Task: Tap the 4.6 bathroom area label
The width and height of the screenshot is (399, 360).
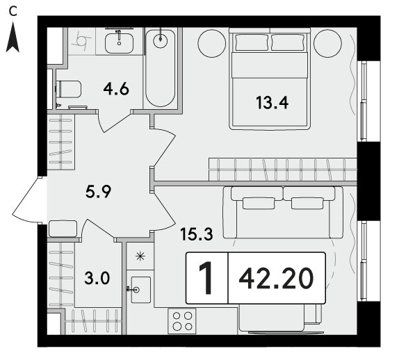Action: [116, 89]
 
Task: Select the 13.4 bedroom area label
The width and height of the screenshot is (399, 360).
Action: [272, 103]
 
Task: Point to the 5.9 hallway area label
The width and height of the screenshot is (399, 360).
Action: [98, 192]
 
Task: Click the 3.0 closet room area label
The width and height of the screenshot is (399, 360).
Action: [97, 278]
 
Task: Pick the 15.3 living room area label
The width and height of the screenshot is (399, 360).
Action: [196, 234]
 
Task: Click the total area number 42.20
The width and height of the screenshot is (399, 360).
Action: [276, 279]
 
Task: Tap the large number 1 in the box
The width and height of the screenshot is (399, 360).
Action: [206, 278]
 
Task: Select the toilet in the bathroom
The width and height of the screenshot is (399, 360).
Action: [68, 89]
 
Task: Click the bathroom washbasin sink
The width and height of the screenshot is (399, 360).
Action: [119, 43]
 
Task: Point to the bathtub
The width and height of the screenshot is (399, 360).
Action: [161, 68]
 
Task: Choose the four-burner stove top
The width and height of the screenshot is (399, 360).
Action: [182, 321]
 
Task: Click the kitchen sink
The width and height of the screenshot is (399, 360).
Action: [140, 290]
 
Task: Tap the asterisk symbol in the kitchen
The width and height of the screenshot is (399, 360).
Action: [140, 256]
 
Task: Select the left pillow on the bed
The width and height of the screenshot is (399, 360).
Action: [252, 42]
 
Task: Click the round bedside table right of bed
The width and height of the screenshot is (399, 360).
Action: [327, 43]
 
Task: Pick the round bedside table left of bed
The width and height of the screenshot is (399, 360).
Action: [212, 43]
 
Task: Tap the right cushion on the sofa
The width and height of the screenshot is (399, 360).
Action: [307, 203]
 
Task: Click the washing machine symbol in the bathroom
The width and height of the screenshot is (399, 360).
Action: [82, 41]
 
